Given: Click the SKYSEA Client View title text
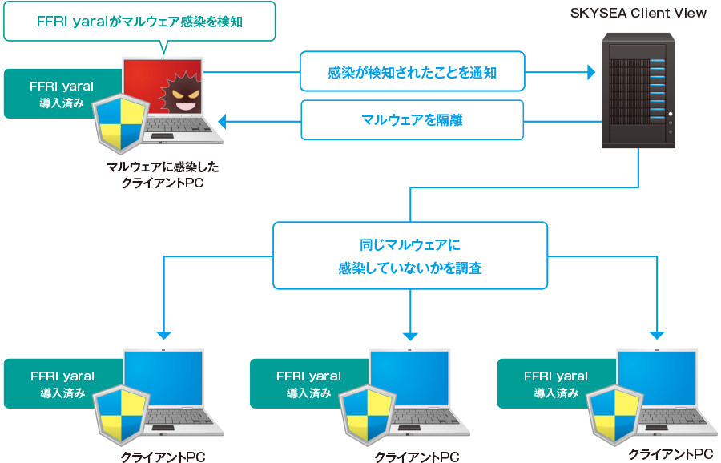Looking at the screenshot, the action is pyautogui.click(x=638, y=14).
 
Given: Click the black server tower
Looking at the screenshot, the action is pyautogui.click(x=638, y=91).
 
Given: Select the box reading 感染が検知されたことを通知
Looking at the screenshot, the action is pyautogui.click(x=413, y=71).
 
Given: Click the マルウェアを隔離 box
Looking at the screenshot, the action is pyautogui.click(x=413, y=120).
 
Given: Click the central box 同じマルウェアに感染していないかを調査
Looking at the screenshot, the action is pyautogui.click(x=410, y=256).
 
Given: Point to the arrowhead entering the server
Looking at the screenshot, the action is pyautogui.click(x=592, y=72).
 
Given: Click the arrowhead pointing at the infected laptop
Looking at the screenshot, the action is pyautogui.click(x=222, y=122).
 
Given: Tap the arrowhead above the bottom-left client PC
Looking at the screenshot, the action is pyautogui.click(x=163, y=336).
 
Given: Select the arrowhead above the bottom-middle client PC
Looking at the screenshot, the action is pyautogui.click(x=410, y=336).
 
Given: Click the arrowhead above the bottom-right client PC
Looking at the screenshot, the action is pyautogui.click(x=657, y=336).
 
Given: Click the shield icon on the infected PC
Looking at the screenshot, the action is pyautogui.click(x=120, y=123).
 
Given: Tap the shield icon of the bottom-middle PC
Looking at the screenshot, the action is pyautogui.click(x=368, y=415).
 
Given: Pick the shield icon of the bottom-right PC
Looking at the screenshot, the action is pyautogui.click(x=614, y=415).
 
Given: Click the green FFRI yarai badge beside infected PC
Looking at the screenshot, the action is pyautogui.click(x=62, y=94).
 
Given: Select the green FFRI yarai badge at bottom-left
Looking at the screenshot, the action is pyautogui.click(x=63, y=384).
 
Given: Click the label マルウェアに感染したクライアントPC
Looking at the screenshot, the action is pyautogui.click(x=163, y=175).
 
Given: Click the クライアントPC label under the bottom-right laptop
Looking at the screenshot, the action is pyautogui.click(x=671, y=455).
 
